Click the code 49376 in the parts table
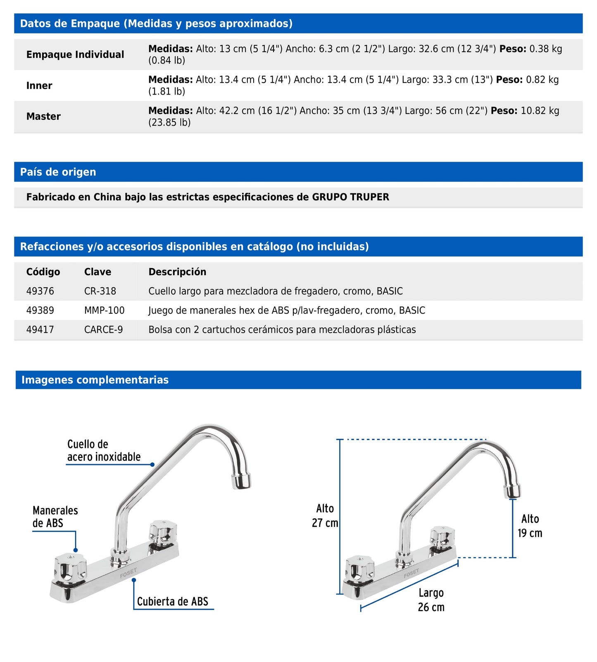[40, 291]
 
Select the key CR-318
[100, 291]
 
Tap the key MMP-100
[104, 310]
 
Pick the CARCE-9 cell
[103, 330]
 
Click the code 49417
[40, 330]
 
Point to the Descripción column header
[177, 272]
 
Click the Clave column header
[98, 272]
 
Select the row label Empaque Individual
[75, 55]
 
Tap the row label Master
[43, 117]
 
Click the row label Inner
[39, 86]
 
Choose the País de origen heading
[58, 172]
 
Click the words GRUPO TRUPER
[350, 197]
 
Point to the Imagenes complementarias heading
[95, 380]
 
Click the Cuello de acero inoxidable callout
[104, 450]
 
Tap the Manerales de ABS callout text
[55, 517]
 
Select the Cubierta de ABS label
[172, 602]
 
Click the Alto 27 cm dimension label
[325, 516]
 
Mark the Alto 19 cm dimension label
[530, 526]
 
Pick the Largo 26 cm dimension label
[431, 600]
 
